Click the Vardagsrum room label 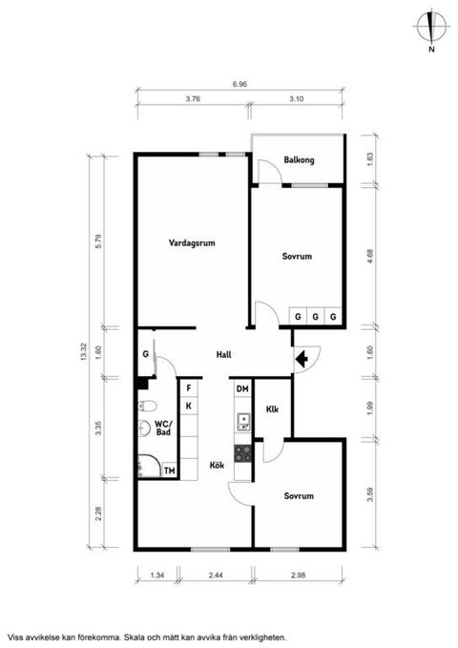192,243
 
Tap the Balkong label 299,159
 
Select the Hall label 223,355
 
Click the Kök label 217,465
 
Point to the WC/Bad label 163,428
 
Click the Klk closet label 272,409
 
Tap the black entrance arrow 302,360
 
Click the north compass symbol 431,27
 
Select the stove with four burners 242,453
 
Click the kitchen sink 243,422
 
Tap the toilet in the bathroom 147,407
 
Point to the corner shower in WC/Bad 149,466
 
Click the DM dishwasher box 242,388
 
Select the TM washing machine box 170,470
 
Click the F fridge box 189,388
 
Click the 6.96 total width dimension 239,84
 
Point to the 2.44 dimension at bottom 217,575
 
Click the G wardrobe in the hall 145,354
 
